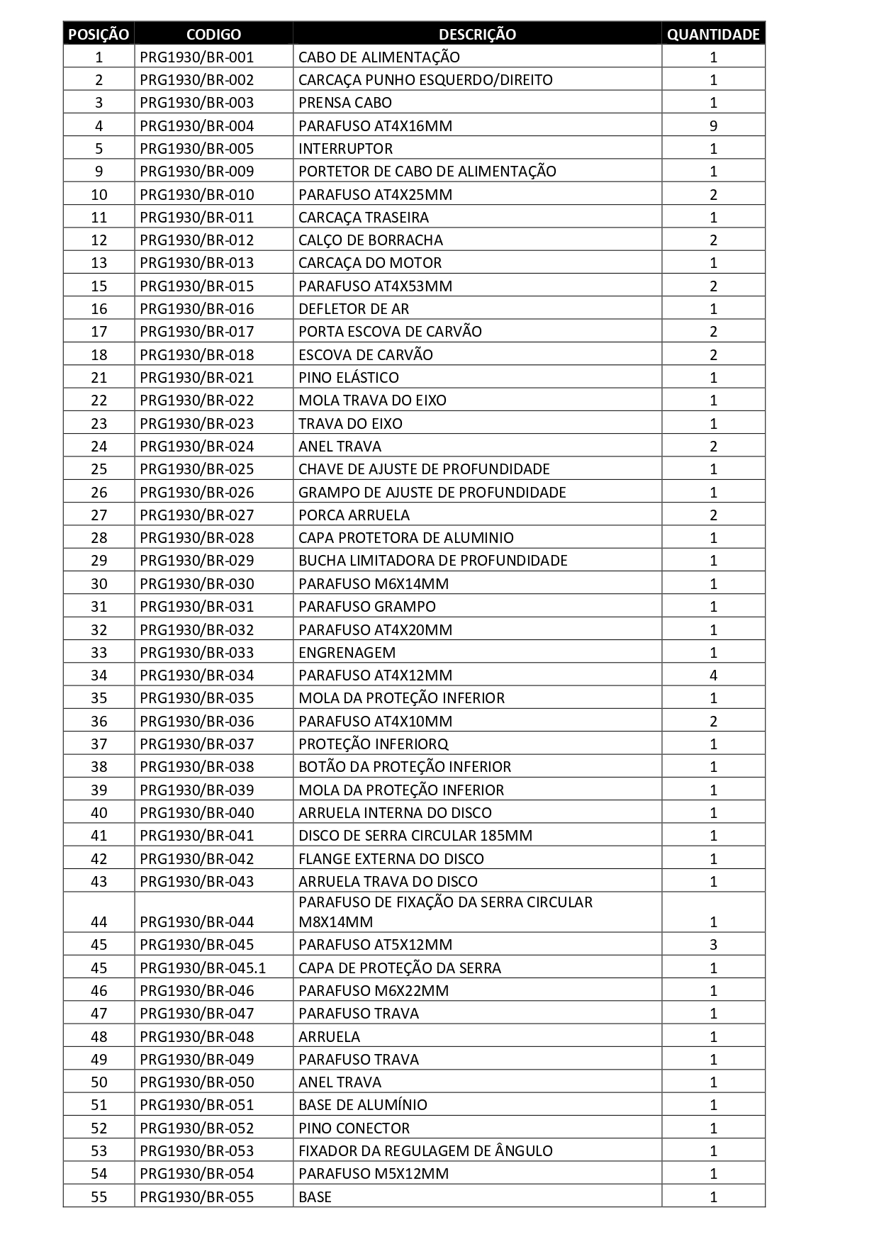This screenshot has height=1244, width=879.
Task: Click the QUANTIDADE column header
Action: click(713, 34)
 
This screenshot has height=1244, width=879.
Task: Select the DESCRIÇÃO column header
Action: click(477, 34)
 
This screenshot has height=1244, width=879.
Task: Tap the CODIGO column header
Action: click(213, 34)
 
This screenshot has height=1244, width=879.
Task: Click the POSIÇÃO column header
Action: click(99, 34)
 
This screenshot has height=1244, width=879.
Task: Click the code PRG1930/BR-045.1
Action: click(203, 968)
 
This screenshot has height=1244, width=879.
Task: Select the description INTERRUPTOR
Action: click(345, 149)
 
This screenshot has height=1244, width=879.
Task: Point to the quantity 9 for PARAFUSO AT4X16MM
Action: click(713, 126)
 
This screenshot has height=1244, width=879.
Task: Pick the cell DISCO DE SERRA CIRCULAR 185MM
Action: click(415, 836)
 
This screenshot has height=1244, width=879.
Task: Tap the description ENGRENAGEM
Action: click(347, 653)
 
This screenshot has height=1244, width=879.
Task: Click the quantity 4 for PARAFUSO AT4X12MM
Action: click(713, 676)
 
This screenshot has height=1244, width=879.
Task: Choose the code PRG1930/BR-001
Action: click(196, 57)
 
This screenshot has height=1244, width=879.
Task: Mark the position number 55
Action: click(99, 1197)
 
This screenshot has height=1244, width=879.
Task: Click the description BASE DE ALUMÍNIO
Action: click(363, 1105)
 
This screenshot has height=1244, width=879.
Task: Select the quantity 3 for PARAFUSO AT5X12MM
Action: click(713, 945)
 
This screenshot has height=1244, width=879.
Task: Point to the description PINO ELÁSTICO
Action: click(349, 378)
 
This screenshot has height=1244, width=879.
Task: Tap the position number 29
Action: click(99, 561)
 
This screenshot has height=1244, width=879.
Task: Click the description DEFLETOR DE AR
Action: click(354, 309)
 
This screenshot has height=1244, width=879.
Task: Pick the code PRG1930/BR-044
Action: click(196, 921)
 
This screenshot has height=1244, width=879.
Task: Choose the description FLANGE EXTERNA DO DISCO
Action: click(391, 859)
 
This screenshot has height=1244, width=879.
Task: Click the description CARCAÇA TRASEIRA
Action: click(364, 218)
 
